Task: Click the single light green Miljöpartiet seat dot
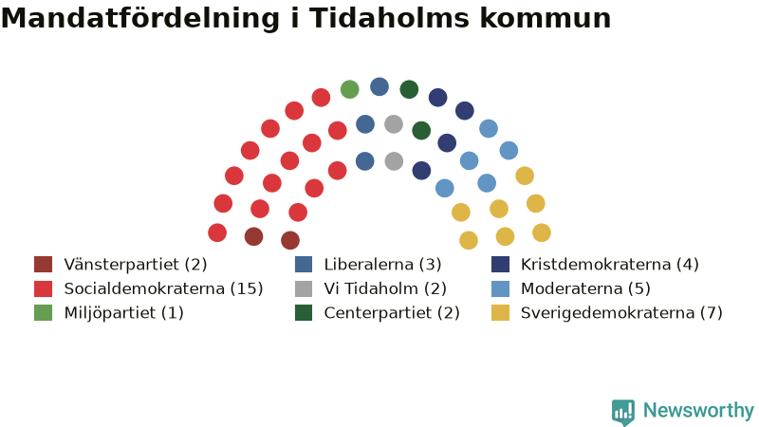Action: [349, 89]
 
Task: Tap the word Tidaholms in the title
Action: [390, 18]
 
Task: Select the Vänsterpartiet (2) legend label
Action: [136, 265]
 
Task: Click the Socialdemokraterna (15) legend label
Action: [163, 288]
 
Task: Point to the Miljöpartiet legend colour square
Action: [43, 313]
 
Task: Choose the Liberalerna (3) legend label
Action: [383, 265]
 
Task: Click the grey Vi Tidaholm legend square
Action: [304, 288]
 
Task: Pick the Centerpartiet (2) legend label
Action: [392, 313]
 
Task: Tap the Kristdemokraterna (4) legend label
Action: [610, 265]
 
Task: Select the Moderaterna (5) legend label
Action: [585, 288]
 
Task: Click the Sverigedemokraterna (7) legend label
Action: [621, 313]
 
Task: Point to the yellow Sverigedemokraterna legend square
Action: [501, 313]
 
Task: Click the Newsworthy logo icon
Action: [623, 412]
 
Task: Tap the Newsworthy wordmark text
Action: [698, 411]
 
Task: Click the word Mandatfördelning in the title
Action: [140, 18]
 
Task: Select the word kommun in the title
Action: [546, 18]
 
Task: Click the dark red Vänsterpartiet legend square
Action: [43, 265]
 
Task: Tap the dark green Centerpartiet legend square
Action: [304, 313]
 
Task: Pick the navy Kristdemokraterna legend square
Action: [501, 265]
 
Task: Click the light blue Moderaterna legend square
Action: [501, 288]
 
